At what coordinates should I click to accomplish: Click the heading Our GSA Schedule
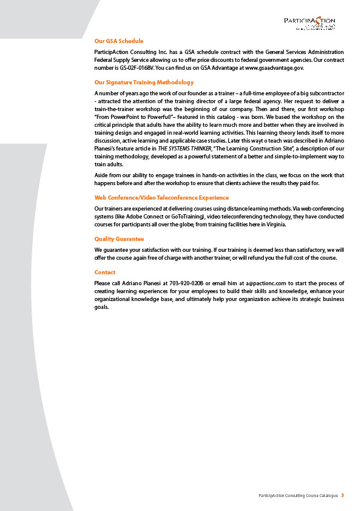tap(119, 41)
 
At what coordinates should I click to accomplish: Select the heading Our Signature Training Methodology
tap(144, 82)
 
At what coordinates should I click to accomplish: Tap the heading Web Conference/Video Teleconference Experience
tap(162, 198)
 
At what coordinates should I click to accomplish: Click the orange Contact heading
tap(105, 272)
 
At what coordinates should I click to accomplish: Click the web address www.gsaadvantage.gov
tap(274, 69)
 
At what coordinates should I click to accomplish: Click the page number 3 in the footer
tap(342, 496)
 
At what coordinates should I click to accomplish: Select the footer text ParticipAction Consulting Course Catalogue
tap(297, 496)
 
